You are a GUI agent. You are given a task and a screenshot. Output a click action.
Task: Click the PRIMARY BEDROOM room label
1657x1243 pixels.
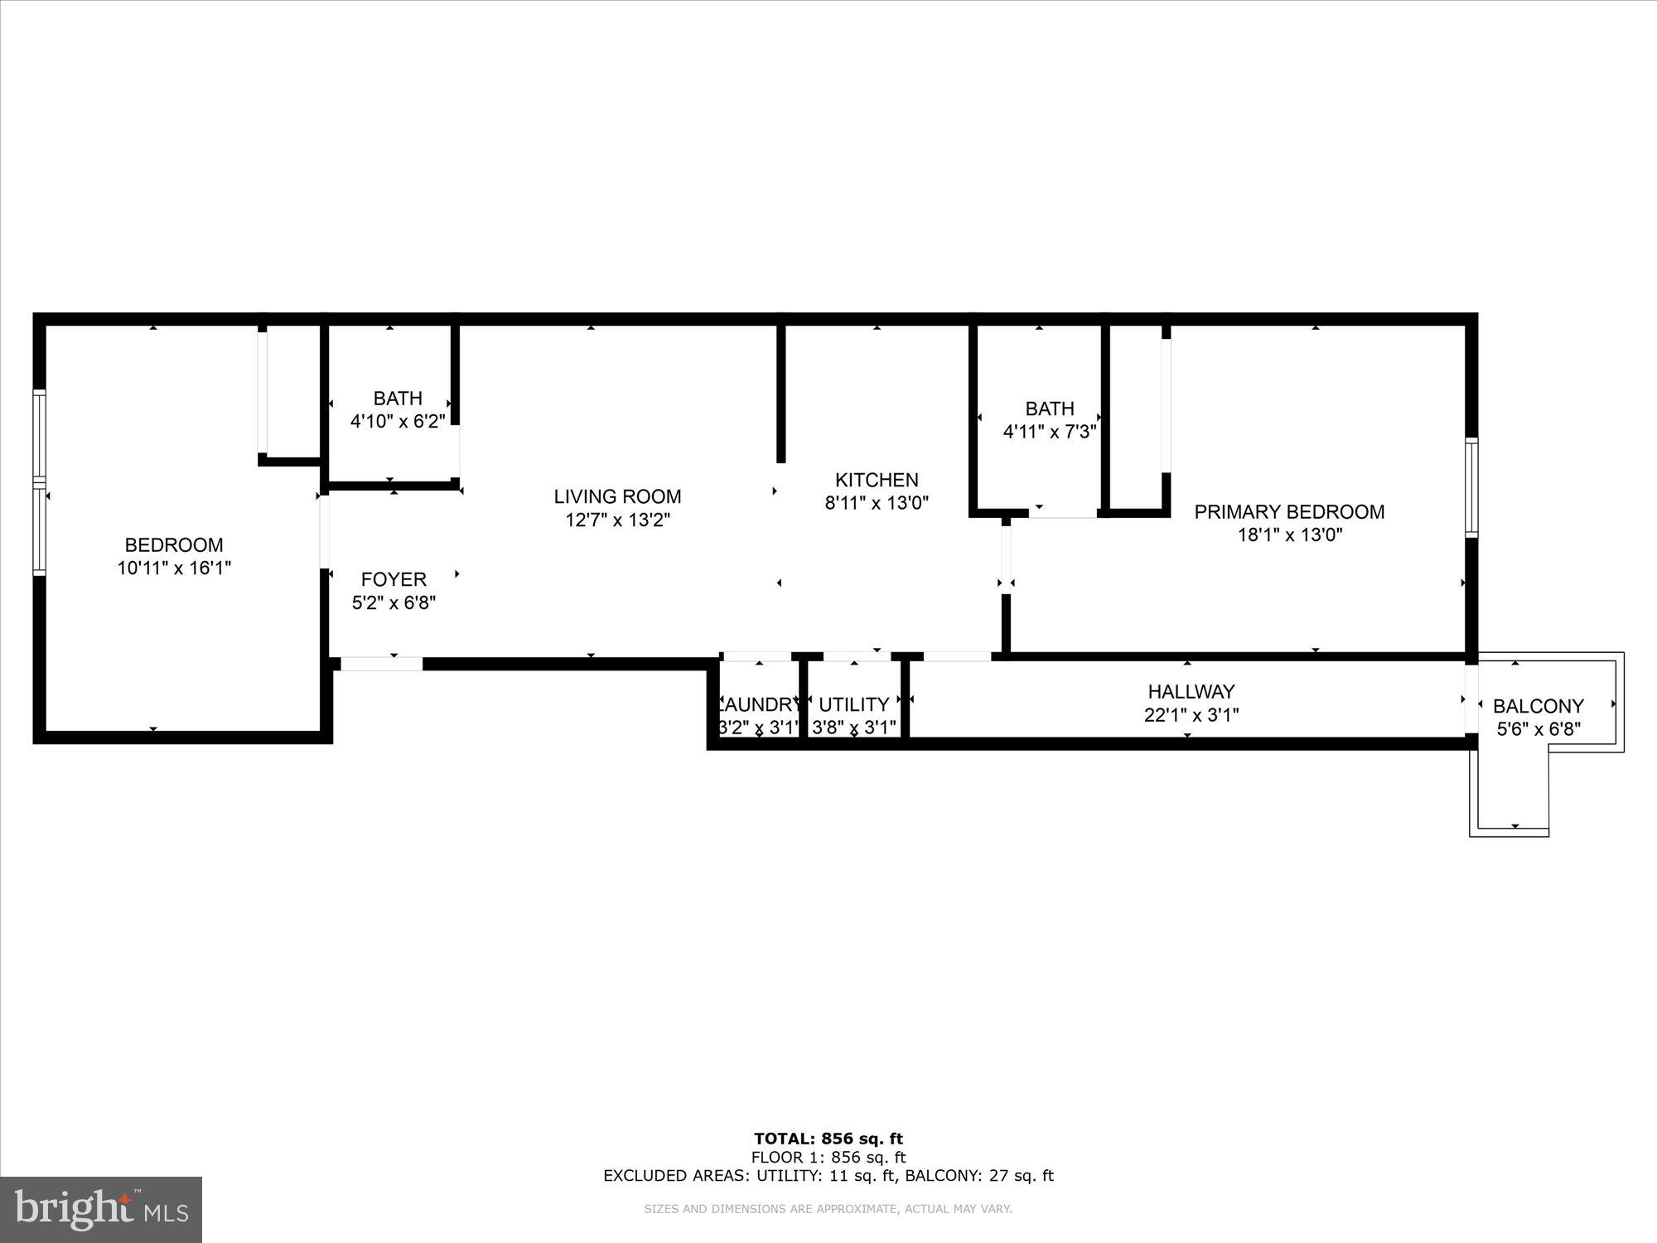[x=1289, y=511]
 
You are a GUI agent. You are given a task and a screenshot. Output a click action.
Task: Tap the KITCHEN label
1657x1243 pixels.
[x=877, y=480]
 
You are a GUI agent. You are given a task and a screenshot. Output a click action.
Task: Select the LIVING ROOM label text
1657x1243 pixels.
[x=617, y=496]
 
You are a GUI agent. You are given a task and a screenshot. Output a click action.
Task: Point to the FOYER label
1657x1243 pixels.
[x=394, y=579]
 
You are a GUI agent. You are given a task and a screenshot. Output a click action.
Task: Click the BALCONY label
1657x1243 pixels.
[x=1538, y=706]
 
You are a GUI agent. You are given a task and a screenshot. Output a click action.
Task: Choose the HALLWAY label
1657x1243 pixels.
[x=1191, y=691]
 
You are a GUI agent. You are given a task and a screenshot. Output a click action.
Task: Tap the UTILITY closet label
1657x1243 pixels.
[x=853, y=704]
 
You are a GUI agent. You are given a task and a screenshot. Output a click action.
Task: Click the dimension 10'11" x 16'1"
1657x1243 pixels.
[x=174, y=568]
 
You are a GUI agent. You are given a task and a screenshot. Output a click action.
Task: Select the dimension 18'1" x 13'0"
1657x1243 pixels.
[x=1289, y=535]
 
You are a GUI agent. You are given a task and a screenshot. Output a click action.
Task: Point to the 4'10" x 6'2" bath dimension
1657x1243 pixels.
[x=398, y=421]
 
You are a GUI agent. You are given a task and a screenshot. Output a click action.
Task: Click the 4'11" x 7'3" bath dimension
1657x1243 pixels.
[x=1050, y=432]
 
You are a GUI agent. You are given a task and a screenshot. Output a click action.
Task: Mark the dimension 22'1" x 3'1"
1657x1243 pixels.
[x=1191, y=714]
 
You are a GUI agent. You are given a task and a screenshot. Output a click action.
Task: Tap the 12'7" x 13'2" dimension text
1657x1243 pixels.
[x=617, y=520]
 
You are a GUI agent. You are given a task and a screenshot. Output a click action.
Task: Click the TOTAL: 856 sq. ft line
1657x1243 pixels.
[x=828, y=1139]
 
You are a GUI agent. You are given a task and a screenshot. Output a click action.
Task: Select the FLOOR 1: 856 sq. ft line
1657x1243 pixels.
[x=828, y=1158]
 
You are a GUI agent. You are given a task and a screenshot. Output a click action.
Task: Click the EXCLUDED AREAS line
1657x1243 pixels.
[x=828, y=1175]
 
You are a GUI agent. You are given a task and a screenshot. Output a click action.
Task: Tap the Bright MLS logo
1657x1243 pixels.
[x=101, y=1210]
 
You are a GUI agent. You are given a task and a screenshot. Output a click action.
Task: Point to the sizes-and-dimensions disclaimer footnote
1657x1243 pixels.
[x=828, y=1209]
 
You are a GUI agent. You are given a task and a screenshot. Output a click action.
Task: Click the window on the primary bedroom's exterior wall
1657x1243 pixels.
[x=1471, y=487]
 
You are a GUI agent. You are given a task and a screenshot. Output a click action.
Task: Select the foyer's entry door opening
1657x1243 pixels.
[x=382, y=663]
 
